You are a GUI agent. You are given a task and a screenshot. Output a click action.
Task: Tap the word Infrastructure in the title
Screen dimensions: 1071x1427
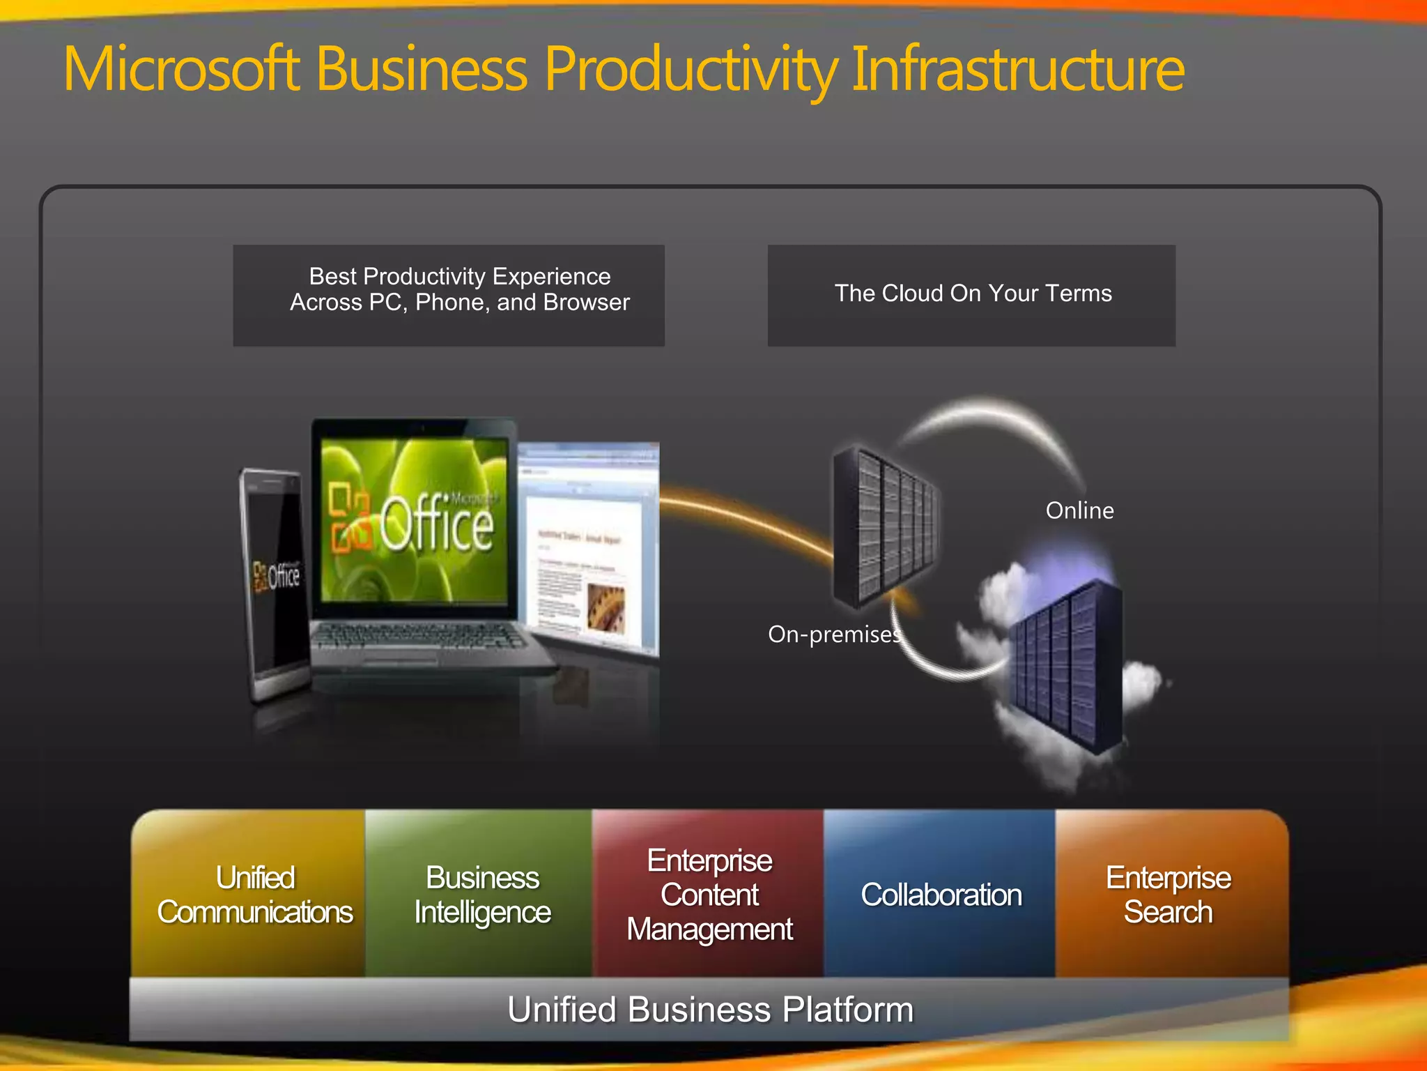click(1017, 69)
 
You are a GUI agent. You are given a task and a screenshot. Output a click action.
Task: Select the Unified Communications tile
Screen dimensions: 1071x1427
click(255, 895)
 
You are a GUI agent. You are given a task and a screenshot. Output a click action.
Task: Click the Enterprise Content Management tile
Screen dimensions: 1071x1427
click(709, 895)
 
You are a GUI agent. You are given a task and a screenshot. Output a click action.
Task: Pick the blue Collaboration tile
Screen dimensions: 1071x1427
click(941, 895)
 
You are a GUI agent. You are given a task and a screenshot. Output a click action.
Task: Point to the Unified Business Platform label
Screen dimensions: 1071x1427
click(709, 1009)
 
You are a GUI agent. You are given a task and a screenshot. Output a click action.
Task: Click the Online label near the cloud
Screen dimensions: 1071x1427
click(1079, 510)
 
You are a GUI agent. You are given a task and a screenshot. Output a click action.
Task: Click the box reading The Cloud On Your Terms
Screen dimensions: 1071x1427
click(972, 294)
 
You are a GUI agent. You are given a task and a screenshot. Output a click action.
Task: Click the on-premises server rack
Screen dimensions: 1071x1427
click(885, 526)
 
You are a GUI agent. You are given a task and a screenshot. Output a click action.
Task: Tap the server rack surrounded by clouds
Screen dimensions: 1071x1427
click(1066, 666)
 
